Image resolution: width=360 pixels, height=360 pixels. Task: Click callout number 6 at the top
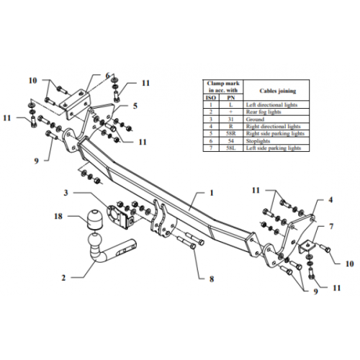[107, 75]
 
